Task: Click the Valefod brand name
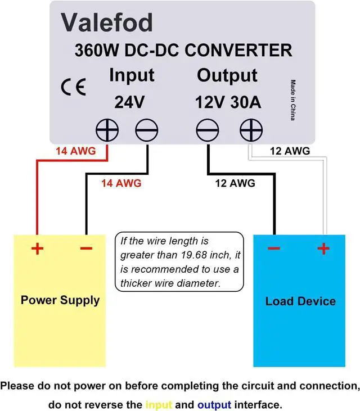pos(106,22)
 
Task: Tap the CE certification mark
pos(73,88)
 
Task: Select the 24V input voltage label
pos(129,102)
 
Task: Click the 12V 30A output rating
pos(228,102)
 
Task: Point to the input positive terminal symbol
pos(107,132)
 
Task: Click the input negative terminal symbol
pos(147,132)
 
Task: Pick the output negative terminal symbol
pos(207,132)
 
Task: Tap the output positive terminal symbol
pos(251,132)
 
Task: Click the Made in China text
pos(293,100)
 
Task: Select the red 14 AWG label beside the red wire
pos(75,151)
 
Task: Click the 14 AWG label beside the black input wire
pos(121,183)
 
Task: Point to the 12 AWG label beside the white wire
pos(290,151)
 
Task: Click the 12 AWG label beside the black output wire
pos(235,183)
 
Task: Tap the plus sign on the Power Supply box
pos(37,249)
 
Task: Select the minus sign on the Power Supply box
pos(86,249)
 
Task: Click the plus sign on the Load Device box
pos(324,249)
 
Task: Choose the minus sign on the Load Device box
pos(274,249)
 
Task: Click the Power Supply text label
pos(60,300)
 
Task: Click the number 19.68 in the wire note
pos(200,255)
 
